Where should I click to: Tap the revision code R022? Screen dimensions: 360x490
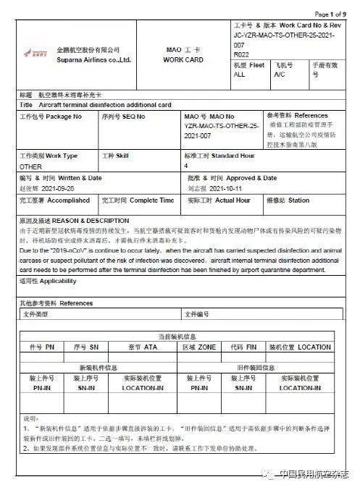pyautogui.click(x=240, y=54)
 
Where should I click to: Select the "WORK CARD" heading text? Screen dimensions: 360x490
pyautogui.click(x=183, y=60)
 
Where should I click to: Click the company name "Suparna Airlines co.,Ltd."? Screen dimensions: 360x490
pyautogui.click(x=93, y=60)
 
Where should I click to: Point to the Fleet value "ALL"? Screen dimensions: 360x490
pyautogui.click(x=239, y=75)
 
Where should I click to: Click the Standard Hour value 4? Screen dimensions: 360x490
pyautogui.click(x=186, y=166)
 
